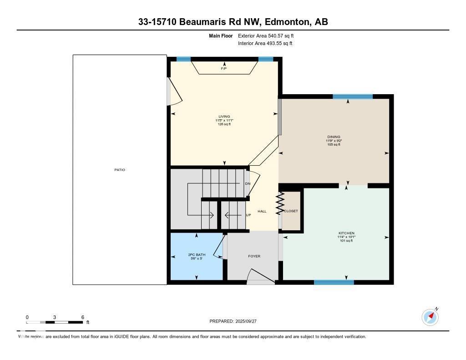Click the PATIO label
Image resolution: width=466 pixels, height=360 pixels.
tap(119, 170)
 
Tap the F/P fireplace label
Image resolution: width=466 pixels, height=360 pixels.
tap(223, 69)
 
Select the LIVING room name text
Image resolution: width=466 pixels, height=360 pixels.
tap(224, 117)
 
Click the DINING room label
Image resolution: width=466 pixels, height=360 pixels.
tap(334, 137)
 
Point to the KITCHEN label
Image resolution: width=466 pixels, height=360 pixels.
tap(346, 233)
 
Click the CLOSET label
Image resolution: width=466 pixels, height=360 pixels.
tap(291, 211)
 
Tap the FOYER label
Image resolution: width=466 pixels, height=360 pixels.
tap(254, 256)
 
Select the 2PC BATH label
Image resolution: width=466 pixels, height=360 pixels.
tap(196, 255)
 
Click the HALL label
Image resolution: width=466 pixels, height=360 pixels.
tap(262, 211)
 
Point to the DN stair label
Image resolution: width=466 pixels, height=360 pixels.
tap(248, 184)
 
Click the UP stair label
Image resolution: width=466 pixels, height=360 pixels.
tap(248, 215)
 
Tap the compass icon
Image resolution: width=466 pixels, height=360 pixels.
tap(430, 317)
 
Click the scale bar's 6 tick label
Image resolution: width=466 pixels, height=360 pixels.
tap(82, 317)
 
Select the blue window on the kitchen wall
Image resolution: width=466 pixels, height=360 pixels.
tap(334, 282)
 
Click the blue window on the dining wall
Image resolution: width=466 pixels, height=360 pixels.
tap(352, 96)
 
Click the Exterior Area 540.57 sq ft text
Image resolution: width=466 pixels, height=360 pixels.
tap(269, 35)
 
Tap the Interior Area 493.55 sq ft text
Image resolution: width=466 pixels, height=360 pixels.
tap(265, 44)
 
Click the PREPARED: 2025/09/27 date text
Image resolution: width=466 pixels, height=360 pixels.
tap(233, 321)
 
